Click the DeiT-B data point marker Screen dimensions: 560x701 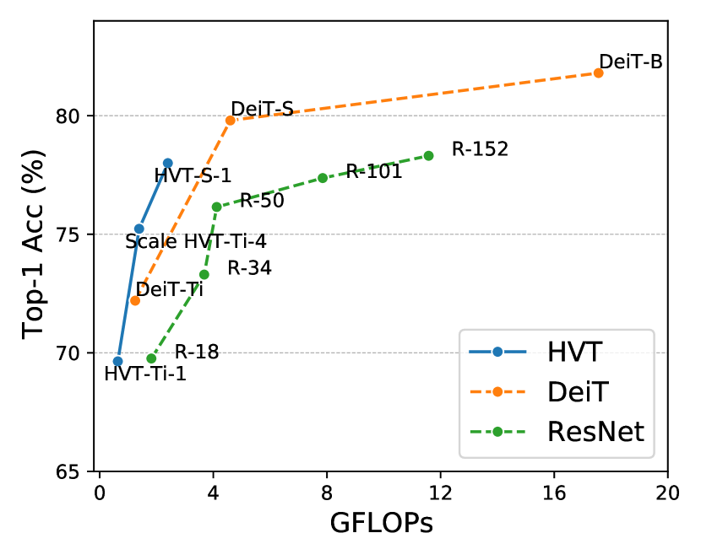pyautogui.click(x=598, y=73)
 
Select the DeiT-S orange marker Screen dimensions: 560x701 pyautogui.click(x=231, y=121)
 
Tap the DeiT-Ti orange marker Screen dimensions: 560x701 pyautogui.click(x=134, y=300)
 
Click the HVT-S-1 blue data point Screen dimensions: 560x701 pyautogui.click(x=167, y=163)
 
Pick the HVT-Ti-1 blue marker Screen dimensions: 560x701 pyautogui.click(x=117, y=361)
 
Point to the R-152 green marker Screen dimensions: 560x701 pyautogui.click(x=428, y=155)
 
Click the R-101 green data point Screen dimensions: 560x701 pyautogui.click(x=323, y=178)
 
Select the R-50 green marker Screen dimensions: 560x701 pyautogui.click(x=216, y=207)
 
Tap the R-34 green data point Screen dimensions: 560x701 pyautogui.click(x=204, y=274)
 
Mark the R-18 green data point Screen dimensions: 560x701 pyautogui.click(x=151, y=358)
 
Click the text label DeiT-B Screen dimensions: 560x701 pyautogui.click(x=630, y=62)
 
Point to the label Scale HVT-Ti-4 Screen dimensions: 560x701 pyautogui.click(x=196, y=242)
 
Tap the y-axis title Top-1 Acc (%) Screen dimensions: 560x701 pyautogui.click(x=34, y=245)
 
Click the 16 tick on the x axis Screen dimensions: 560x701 pyautogui.click(x=554, y=493)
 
